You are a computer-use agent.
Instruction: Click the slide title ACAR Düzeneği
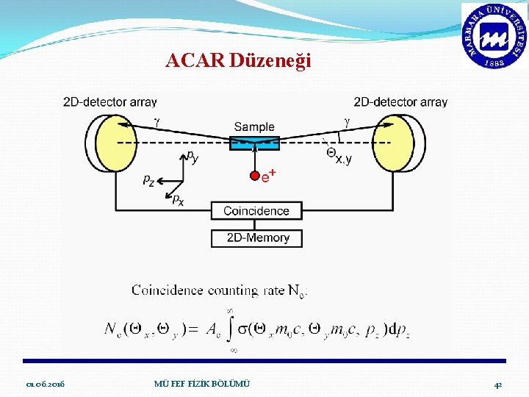239,60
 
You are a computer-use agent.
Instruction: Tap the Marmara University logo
494,36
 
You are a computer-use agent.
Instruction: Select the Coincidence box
256,211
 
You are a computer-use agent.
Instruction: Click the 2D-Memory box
256,237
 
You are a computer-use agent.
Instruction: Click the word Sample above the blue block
254,126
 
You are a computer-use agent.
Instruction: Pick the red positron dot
255,176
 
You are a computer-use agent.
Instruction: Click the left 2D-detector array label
109,102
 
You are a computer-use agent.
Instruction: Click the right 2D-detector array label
400,102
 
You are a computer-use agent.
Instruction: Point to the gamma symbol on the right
348,121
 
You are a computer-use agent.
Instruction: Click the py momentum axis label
192,157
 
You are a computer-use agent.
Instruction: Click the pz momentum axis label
148,179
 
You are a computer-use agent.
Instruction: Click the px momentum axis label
178,200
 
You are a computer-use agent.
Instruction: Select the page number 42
497,385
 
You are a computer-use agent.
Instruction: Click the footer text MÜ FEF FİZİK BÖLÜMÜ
202,385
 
